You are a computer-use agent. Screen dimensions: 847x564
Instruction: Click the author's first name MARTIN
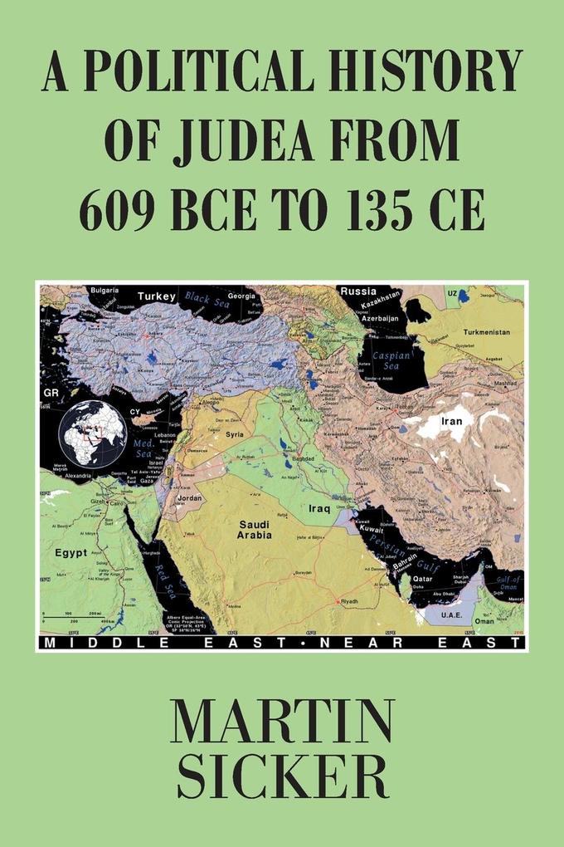(281, 723)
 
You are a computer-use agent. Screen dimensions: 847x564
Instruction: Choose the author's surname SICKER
(282, 779)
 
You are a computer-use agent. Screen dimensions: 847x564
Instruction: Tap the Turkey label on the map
(157, 296)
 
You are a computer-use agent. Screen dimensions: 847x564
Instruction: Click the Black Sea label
(207, 297)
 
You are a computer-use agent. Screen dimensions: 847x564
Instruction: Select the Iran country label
(451, 421)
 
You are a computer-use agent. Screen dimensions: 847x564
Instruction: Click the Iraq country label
(318, 508)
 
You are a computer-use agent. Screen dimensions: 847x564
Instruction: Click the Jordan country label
(191, 500)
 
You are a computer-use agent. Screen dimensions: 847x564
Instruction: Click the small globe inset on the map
(92, 434)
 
